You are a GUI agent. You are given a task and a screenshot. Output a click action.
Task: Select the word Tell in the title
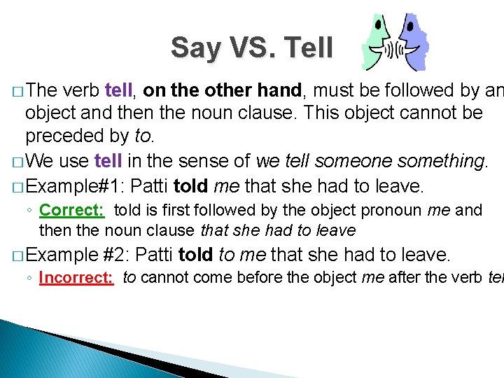pos(308,48)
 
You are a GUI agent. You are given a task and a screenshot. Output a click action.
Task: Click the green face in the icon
pos(378,42)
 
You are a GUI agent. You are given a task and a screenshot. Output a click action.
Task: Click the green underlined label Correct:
pos(72,210)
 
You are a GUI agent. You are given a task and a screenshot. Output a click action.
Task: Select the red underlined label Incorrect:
pos(76,277)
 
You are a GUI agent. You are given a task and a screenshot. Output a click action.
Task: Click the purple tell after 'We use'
pos(108,162)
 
